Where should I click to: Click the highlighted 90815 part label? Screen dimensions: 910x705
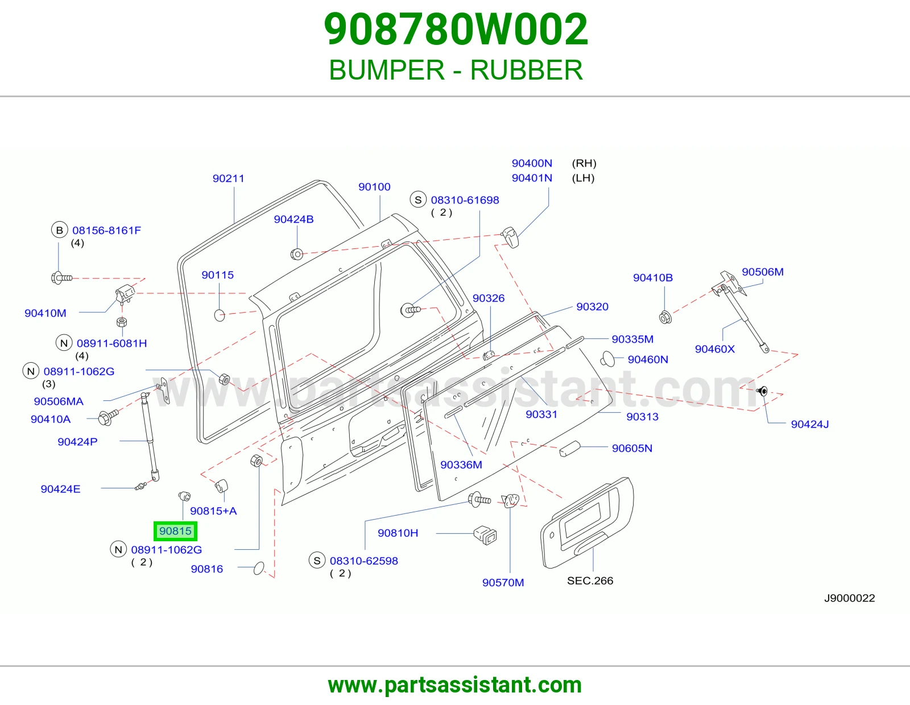175,531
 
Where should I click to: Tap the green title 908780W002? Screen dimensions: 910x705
456,29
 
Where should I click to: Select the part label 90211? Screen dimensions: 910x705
228,179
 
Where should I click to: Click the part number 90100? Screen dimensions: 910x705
374,186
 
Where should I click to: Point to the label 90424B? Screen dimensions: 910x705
293,219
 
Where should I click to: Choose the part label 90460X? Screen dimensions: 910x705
714,349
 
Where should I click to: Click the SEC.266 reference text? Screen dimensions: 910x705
590,580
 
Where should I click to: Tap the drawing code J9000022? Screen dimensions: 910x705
849,598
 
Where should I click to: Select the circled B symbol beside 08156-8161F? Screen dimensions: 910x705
60,230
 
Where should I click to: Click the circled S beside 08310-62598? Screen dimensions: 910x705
317,560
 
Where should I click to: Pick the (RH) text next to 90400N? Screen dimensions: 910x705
584,163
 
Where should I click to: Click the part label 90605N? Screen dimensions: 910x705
632,448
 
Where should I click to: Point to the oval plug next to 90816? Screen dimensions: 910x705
259,568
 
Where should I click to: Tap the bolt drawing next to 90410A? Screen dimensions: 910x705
108,417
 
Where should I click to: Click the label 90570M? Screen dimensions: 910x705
503,582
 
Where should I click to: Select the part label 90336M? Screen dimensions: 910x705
461,465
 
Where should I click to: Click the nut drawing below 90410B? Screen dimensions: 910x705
665,317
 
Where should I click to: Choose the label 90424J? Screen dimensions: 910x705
809,424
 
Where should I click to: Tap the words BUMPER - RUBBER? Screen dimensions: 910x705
456,70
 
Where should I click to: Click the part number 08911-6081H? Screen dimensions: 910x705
112,343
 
